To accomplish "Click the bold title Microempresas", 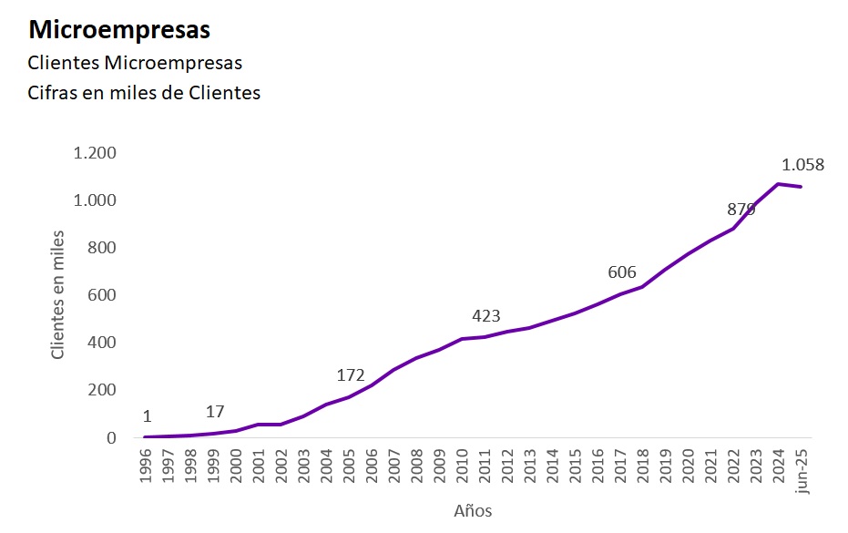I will click(119, 30).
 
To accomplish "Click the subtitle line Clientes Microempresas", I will click(135, 63).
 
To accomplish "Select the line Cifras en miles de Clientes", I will click(144, 93).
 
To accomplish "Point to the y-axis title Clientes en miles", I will click(58, 293).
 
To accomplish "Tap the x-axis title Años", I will click(473, 510).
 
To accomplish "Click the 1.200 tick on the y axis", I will click(95, 152).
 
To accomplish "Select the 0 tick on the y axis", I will click(111, 437).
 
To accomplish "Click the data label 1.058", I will click(802, 165).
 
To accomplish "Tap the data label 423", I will click(486, 316).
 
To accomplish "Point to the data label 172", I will click(351, 375).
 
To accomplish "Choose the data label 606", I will click(621, 272).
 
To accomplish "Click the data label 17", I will click(215, 411).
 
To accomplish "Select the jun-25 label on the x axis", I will click(802, 470).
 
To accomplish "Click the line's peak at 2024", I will click(778, 184).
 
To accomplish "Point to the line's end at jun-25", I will click(801, 187).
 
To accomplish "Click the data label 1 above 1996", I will click(147, 416).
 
